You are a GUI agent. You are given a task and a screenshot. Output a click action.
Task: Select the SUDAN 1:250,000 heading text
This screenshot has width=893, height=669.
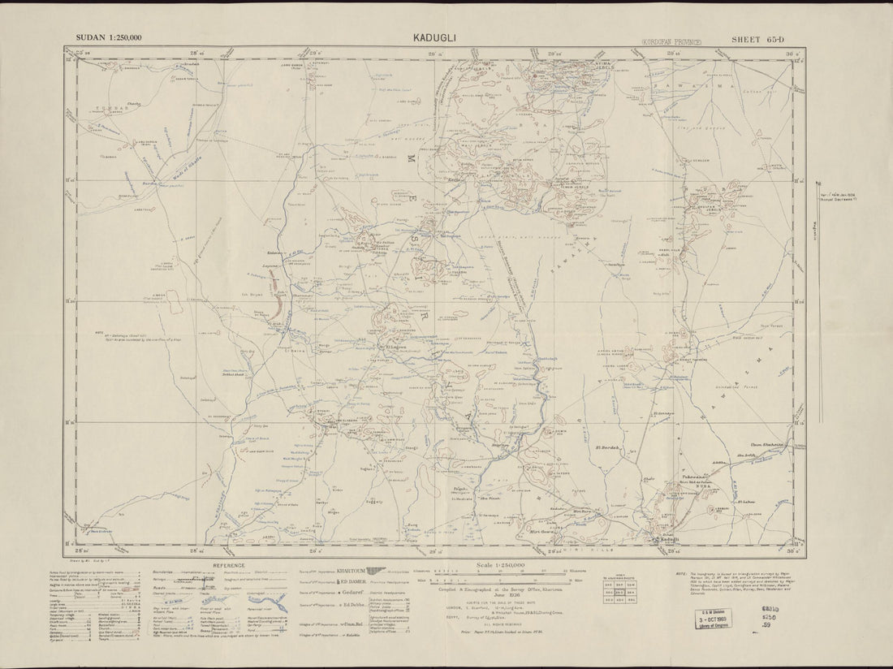pyautogui.click(x=109, y=38)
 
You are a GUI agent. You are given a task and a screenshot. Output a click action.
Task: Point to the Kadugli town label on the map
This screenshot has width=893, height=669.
pyautogui.click(x=666, y=538)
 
